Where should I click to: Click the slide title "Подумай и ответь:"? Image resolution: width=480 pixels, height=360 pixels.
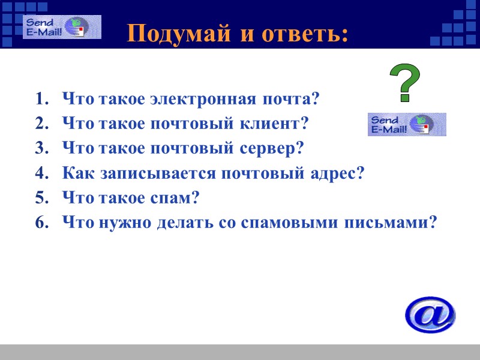[238, 34]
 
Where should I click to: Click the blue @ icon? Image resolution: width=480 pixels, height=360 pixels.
[430, 314]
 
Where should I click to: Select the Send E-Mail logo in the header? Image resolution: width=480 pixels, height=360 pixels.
[62, 27]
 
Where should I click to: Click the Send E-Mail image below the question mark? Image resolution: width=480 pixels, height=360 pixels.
[407, 124]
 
